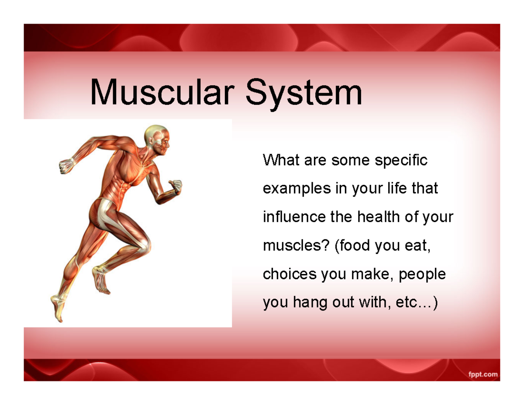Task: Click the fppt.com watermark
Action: click(x=483, y=374)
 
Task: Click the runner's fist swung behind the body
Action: click(x=66, y=165)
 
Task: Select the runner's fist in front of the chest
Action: click(x=176, y=186)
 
